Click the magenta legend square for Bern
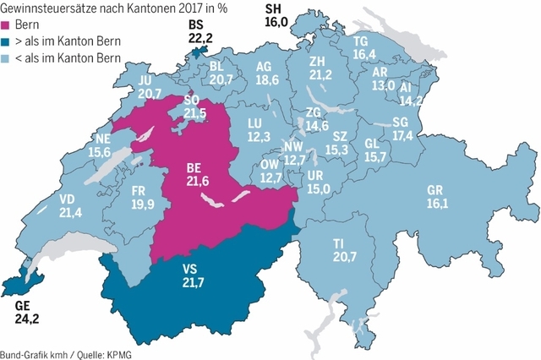[x=6, y=25]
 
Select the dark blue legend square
[x=6, y=41]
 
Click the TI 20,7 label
[x=344, y=249]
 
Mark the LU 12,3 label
[x=259, y=129]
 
